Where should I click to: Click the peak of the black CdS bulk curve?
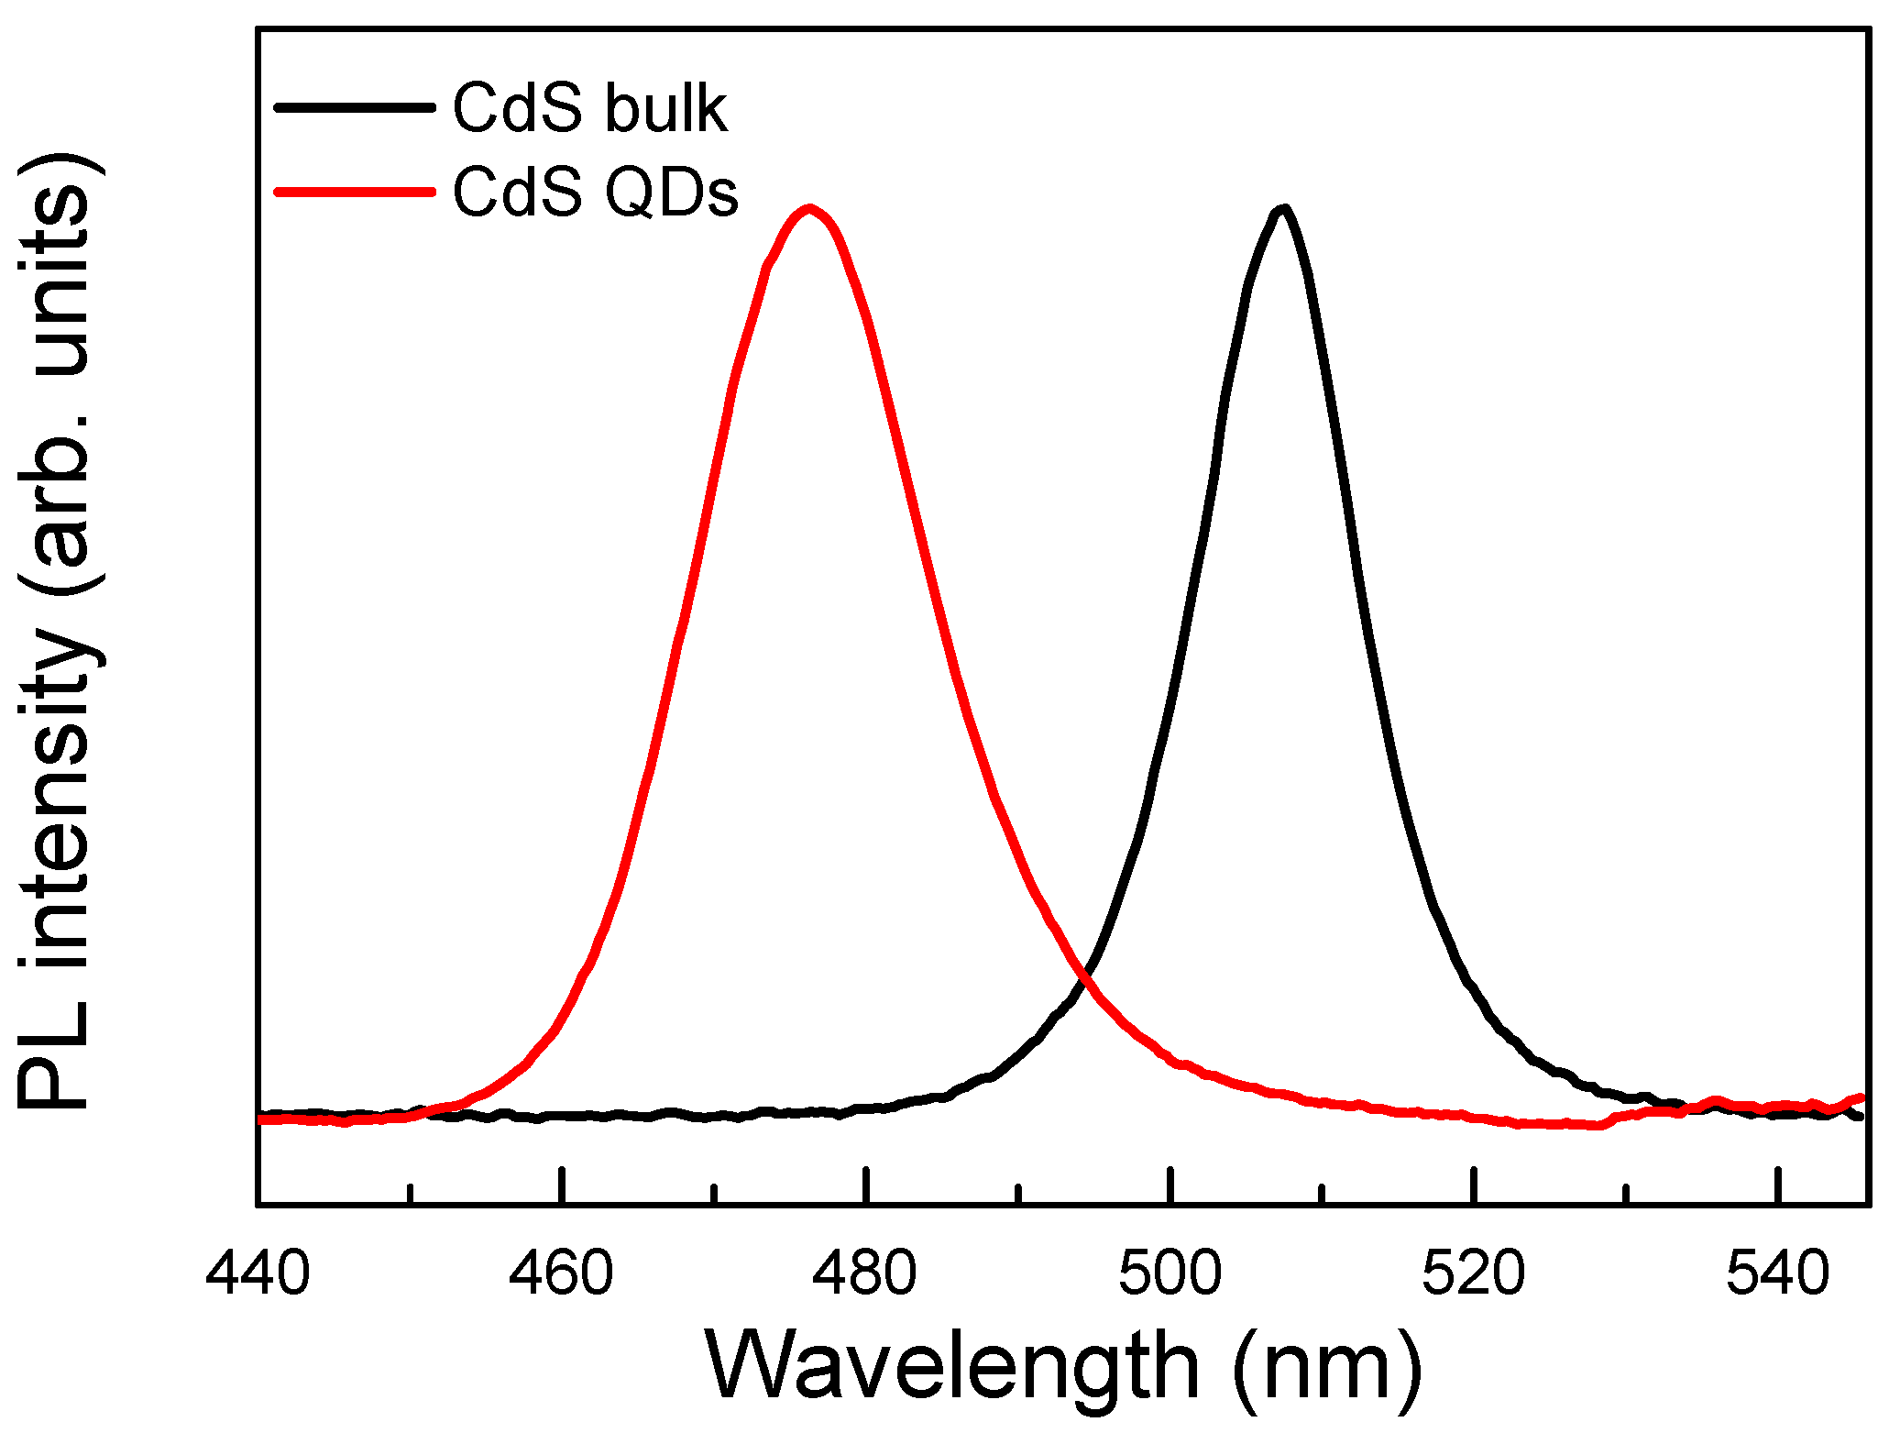1282,210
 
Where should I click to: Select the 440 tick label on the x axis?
258,1273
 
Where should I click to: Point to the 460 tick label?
561,1273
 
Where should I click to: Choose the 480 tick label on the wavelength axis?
865,1273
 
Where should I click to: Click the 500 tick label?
1170,1273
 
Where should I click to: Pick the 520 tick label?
1474,1273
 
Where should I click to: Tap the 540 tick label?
1778,1273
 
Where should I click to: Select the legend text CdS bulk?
590,109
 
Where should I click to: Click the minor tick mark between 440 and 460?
410,1192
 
